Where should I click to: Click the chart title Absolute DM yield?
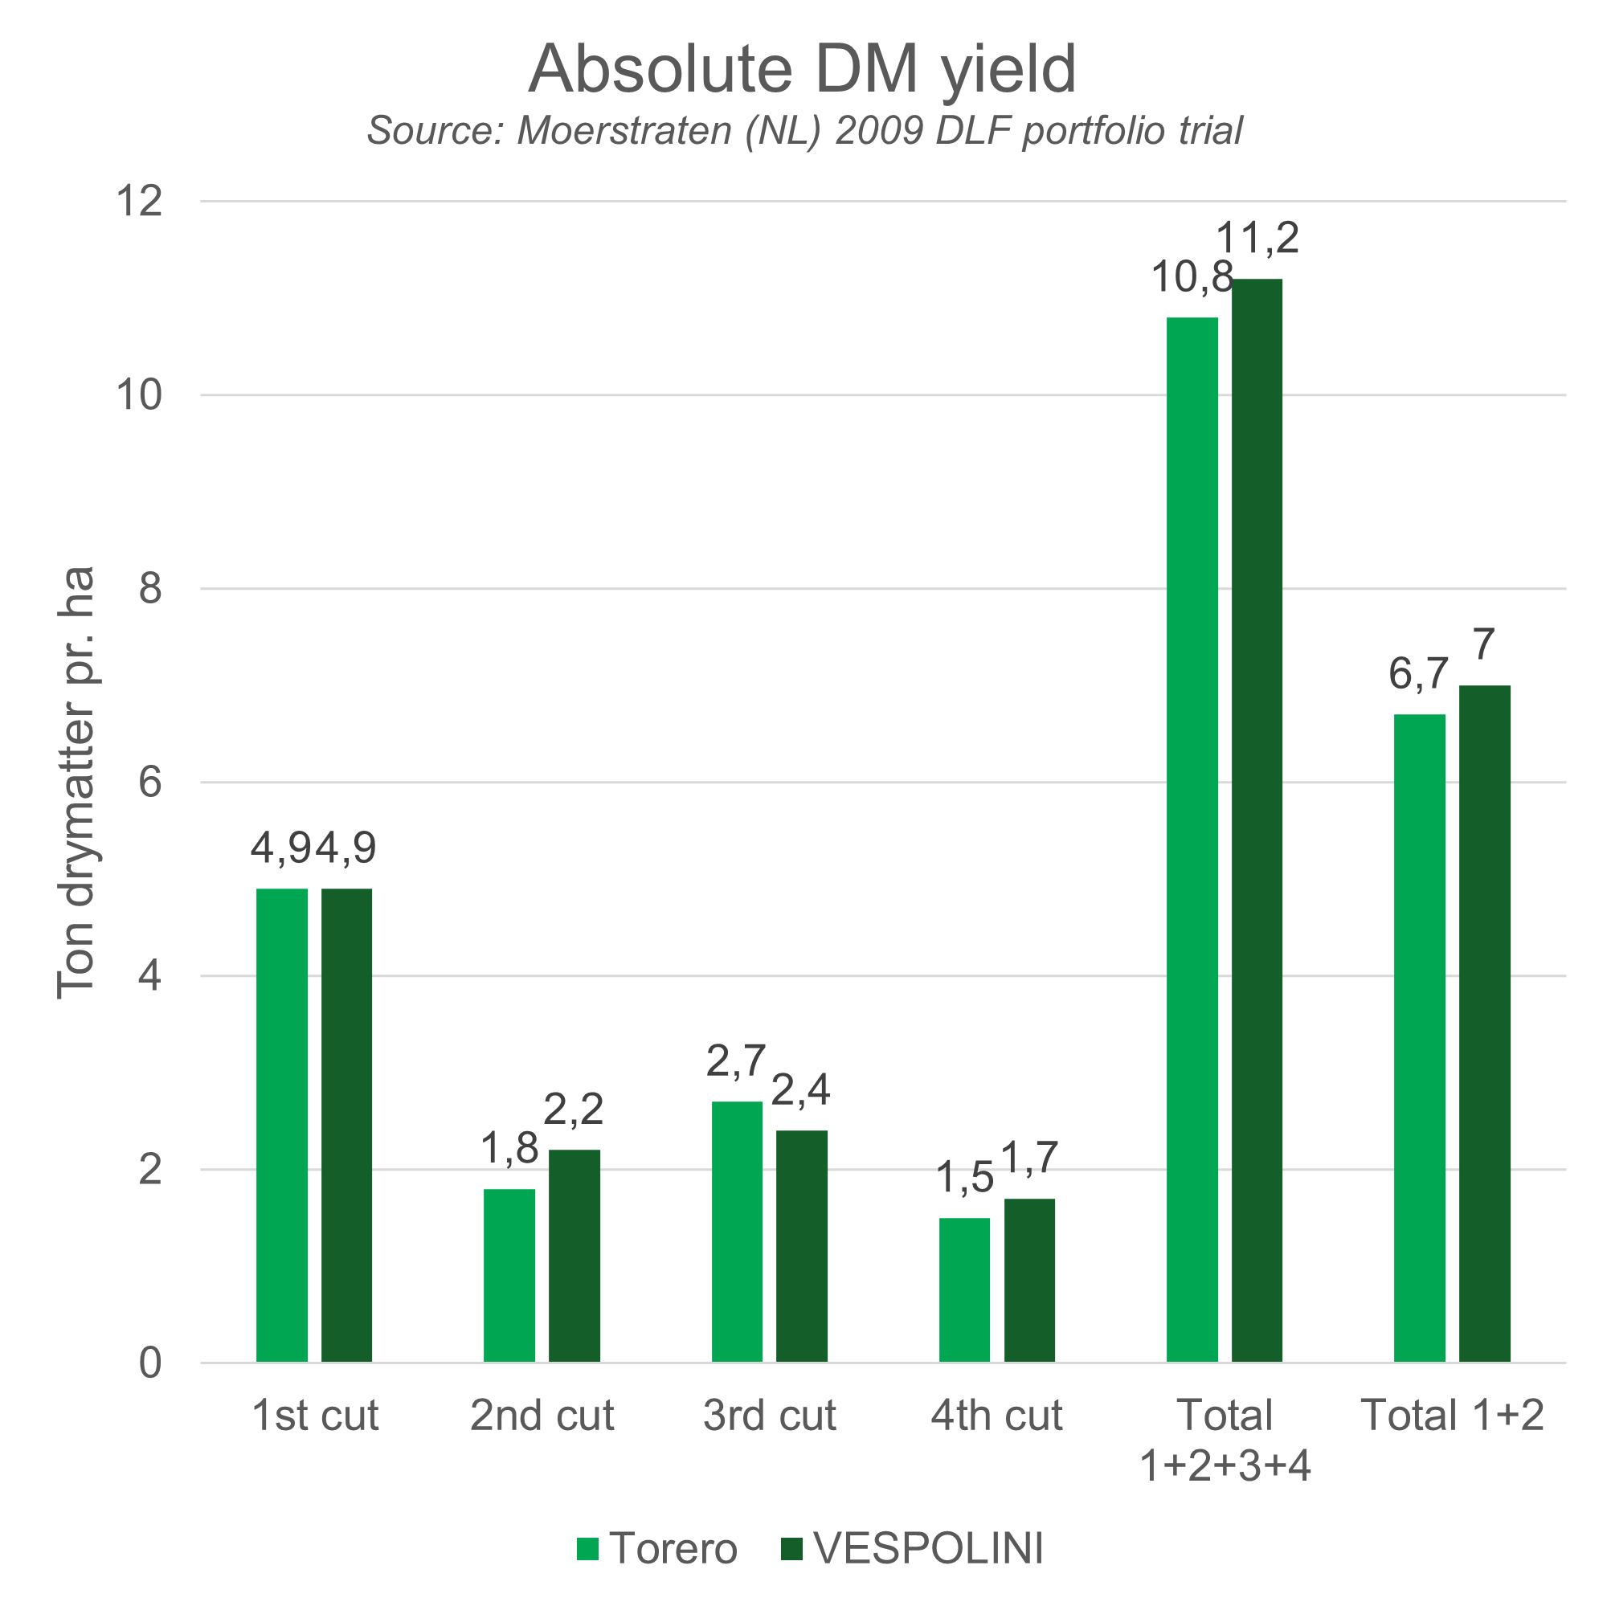coord(803,69)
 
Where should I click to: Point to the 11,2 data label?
coord(1257,239)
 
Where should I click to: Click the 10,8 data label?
coord(1191,278)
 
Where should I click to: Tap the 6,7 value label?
coord(1418,675)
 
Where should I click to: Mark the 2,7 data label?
coord(736,1062)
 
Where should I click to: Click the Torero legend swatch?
coord(587,1549)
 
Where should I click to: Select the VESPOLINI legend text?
coord(928,1549)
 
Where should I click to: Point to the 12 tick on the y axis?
coord(140,202)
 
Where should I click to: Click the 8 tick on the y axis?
coord(149,589)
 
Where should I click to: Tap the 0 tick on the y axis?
coord(149,1363)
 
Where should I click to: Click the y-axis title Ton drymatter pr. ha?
coord(76,782)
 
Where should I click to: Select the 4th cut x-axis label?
coord(996,1416)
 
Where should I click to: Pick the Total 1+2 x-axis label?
coord(1451,1416)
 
